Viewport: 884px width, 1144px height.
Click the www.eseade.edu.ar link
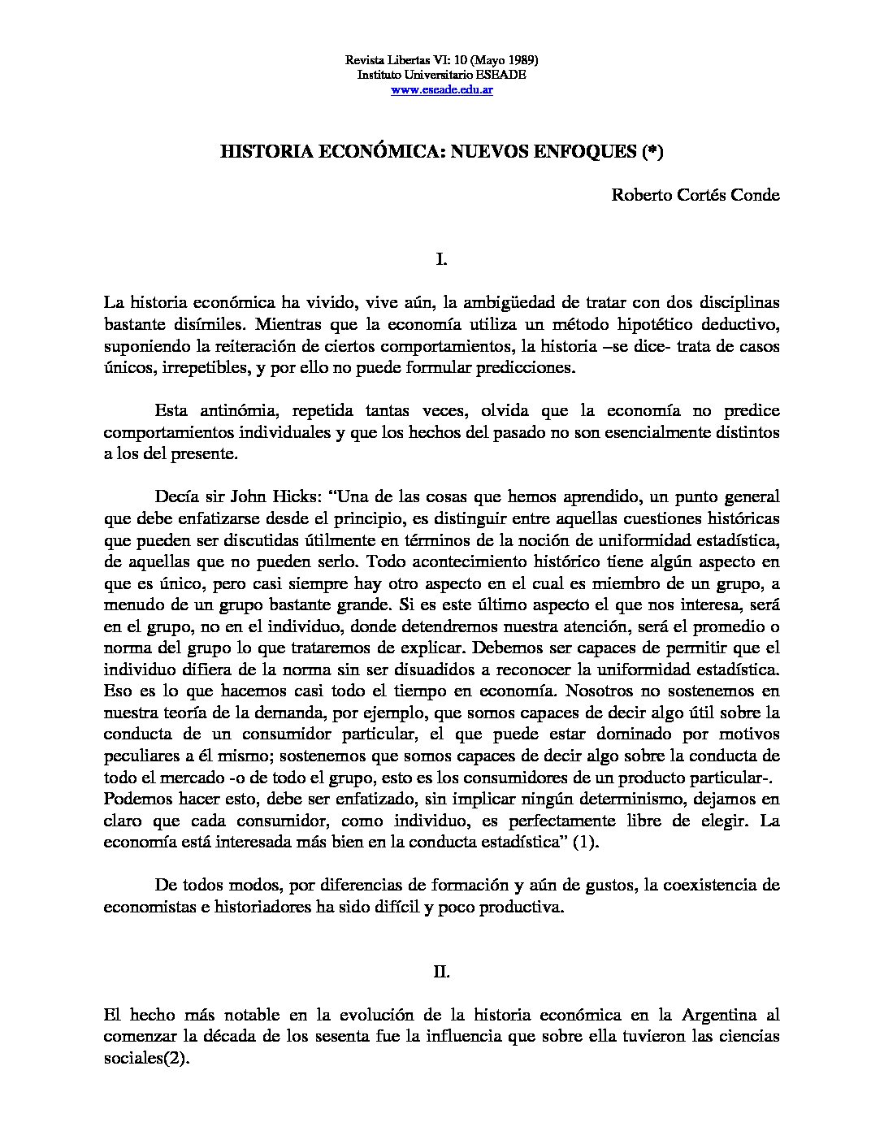(441, 89)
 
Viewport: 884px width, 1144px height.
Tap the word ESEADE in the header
(501, 75)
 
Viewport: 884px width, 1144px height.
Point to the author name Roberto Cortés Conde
(695, 195)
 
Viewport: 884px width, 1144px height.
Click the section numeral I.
(441, 259)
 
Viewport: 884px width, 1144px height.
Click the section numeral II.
(441, 972)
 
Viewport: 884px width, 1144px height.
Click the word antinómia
(230, 410)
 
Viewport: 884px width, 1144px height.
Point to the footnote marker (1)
(585, 843)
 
